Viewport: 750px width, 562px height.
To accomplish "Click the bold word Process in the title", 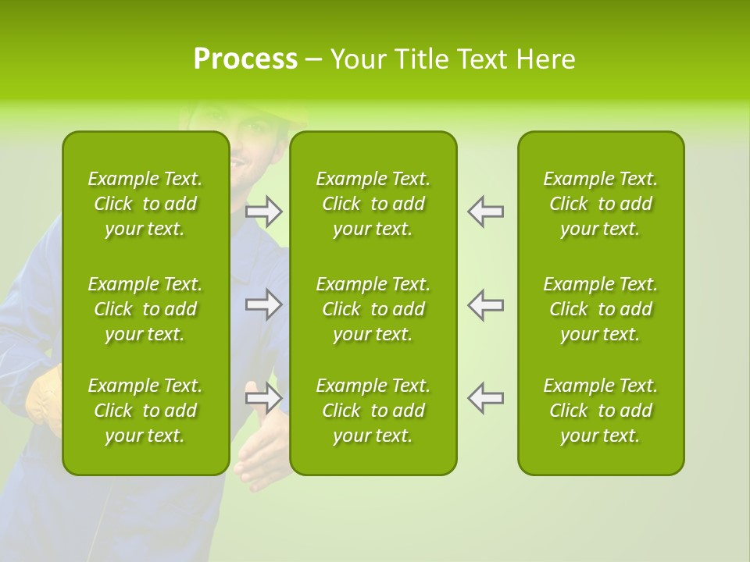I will tap(245, 59).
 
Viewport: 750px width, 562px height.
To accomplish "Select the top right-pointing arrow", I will tap(264, 211).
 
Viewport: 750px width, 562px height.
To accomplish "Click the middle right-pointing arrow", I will tap(264, 304).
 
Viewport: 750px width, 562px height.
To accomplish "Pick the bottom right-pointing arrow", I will tap(264, 398).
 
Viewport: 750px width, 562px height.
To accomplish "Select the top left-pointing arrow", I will tap(485, 211).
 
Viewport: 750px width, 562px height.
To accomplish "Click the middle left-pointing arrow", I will tap(485, 304).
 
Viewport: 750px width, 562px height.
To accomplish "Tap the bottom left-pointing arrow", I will tap(485, 398).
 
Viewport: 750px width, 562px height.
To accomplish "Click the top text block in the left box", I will tap(145, 204).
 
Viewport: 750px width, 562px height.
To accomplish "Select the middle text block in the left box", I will tap(145, 309).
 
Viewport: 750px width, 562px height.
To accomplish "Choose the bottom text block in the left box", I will tap(145, 411).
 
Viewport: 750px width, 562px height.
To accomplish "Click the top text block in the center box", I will tap(373, 204).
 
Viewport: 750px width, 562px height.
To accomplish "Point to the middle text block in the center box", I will tap(373, 309).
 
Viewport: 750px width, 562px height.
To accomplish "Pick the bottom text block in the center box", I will tap(373, 411).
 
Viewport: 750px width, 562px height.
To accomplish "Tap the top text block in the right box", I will tap(600, 204).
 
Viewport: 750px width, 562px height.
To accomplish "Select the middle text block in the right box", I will tap(600, 309).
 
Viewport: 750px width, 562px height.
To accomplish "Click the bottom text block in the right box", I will tap(600, 411).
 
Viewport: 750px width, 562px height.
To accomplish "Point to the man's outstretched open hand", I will tap(261, 453).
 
